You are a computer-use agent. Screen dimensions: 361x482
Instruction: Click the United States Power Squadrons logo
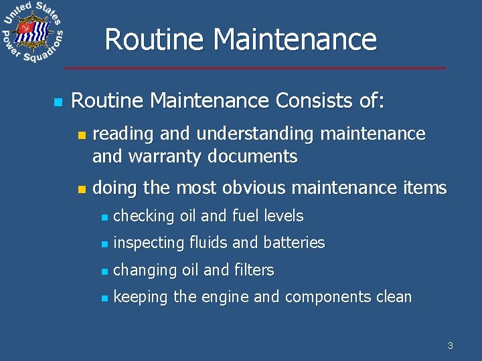[x=32, y=33]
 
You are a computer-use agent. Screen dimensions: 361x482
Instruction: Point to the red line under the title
[x=254, y=68]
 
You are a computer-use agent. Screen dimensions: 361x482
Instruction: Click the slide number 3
[x=450, y=346]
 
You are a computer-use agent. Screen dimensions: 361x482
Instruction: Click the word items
[x=424, y=189]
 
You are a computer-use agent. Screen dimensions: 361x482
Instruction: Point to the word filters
[x=254, y=270]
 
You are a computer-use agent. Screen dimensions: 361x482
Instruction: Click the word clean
[x=394, y=297]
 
